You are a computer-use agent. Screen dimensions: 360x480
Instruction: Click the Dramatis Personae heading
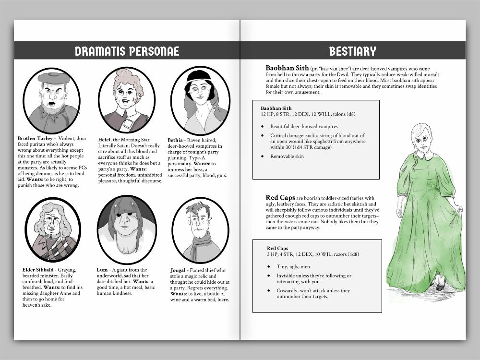[x=127, y=51]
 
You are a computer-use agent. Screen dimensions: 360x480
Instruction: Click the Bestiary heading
[x=352, y=51]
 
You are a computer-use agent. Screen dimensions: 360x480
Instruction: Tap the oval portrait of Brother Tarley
[x=51, y=100]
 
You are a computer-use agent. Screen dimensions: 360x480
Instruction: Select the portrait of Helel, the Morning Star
[x=127, y=100]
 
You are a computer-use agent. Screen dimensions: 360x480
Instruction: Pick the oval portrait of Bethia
[x=200, y=100]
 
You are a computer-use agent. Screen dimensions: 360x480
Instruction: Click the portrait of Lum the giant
[x=127, y=229]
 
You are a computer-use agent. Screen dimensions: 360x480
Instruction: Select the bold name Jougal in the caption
[x=179, y=270]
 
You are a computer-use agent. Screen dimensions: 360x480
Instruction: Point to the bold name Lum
[x=102, y=270]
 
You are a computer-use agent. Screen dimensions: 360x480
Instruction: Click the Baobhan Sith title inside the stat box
[x=276, y=108]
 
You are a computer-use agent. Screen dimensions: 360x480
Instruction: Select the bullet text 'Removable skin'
[x=288, y=156]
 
